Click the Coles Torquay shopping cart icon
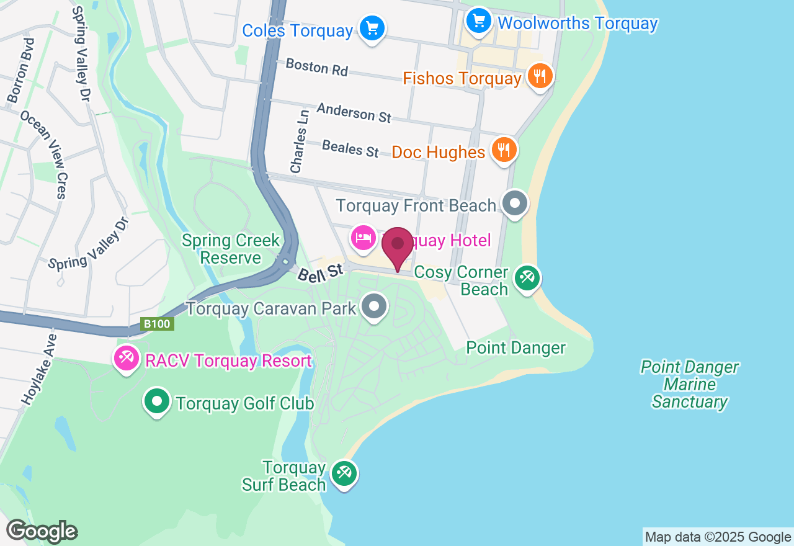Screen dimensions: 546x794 [372, 28]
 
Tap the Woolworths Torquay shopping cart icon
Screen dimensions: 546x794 [478, 22]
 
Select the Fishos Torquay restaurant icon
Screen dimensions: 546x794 [540, 76]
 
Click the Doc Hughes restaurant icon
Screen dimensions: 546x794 [504, 150]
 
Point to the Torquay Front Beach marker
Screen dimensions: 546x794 [514, 203]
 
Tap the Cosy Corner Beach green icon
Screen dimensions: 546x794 [527, 277]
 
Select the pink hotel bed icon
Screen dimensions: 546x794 [363, 238]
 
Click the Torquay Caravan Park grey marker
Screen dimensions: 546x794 [374, 307]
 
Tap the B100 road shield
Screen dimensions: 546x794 [157, 324]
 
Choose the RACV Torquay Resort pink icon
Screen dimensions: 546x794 [127, 358]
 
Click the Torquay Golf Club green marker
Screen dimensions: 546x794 [157, 401]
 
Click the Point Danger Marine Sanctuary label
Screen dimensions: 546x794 [689, 385]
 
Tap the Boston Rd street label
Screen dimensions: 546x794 [316, 67]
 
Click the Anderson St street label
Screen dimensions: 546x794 [354, 112]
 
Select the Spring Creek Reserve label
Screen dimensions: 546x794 [231, 249]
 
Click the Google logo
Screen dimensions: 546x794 [42, 531]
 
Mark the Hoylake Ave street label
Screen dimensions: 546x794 [38, 370]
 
